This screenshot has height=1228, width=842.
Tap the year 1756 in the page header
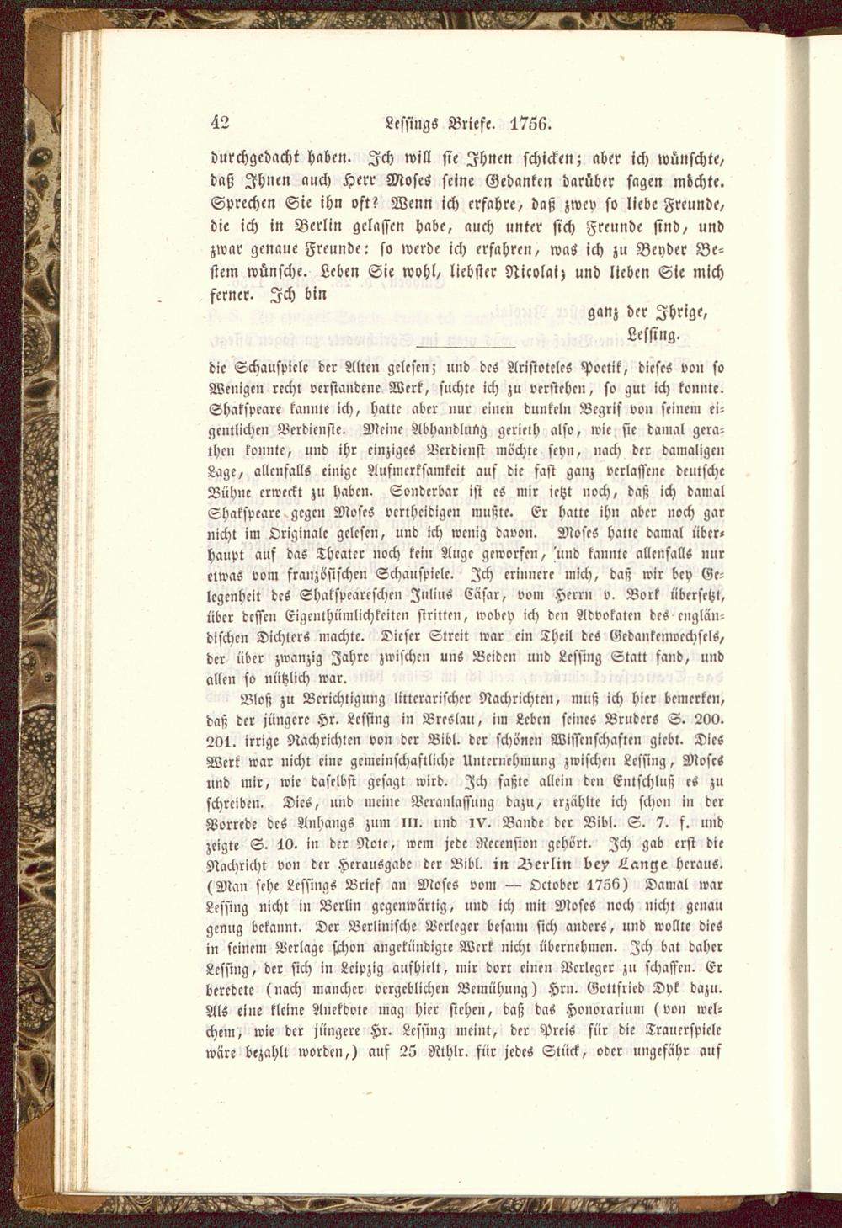530,121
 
